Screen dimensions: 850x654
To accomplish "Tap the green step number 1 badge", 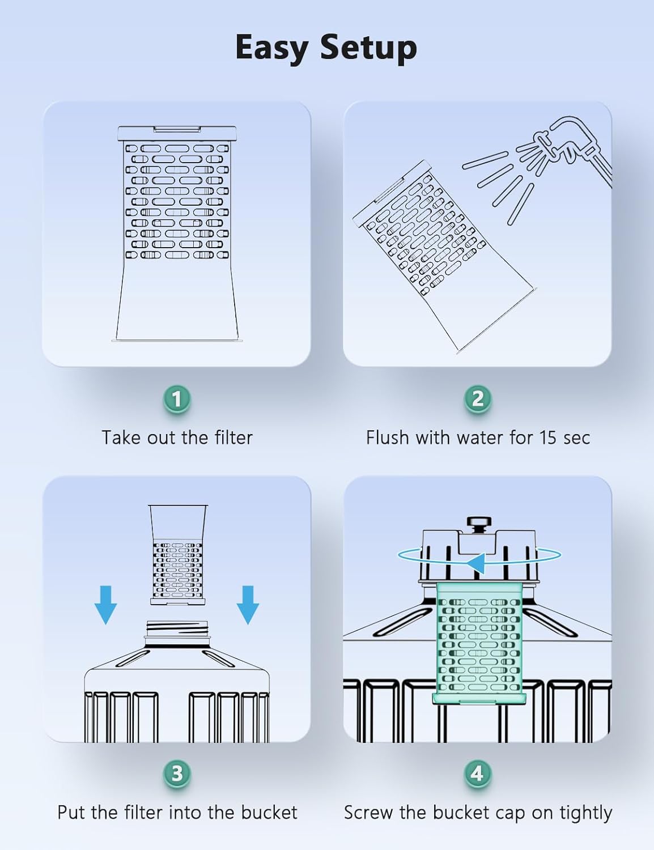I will tap(177, 399).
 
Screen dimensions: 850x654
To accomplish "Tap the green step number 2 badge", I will tap(478, 399).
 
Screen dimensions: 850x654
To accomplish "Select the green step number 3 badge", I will tap(177, 773).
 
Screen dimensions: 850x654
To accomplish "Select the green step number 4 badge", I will tap(478, 773).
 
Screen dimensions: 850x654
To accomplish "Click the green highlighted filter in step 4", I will tap(479, 643).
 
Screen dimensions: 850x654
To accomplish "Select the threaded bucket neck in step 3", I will tap(177, 629).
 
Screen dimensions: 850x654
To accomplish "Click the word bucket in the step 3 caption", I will tap(269, 812).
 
